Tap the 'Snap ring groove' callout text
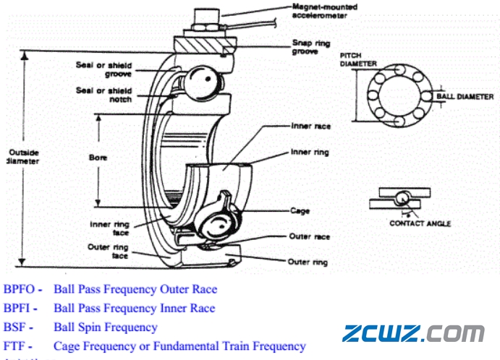tap(313, 47)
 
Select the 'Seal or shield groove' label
tap(104, 69)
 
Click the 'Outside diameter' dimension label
tap(22, 156)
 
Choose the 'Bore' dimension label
tap(98, 156)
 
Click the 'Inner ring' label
tap(310, 153)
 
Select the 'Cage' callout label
tap(300, 211)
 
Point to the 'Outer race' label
tap(310, 236)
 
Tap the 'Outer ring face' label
tap(109, 251)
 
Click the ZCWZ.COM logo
tap(413, 333)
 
